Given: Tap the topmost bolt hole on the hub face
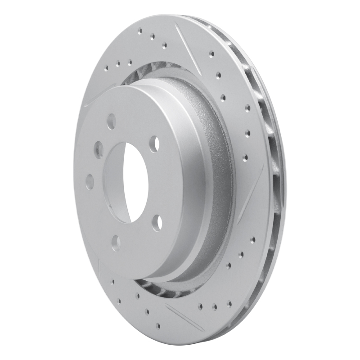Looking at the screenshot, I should pyautogui.click(x=111, y=121).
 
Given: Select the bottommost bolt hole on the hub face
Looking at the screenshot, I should pyautogui.click(x=116, y=242).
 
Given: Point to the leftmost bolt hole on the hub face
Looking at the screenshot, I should pyautogui.click(x=90, y=181).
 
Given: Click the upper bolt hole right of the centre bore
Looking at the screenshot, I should pyautogui.click(x=154, y=143).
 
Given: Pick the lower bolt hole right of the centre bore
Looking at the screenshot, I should pyautogui.click(x=156, y=222).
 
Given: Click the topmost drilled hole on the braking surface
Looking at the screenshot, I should pyautogui.click(x=139, y=31).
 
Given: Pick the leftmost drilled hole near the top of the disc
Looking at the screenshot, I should pyautogui.click(x=107, y=69).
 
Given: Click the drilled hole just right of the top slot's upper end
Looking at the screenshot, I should pyautogui.click(x=211, y=54).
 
